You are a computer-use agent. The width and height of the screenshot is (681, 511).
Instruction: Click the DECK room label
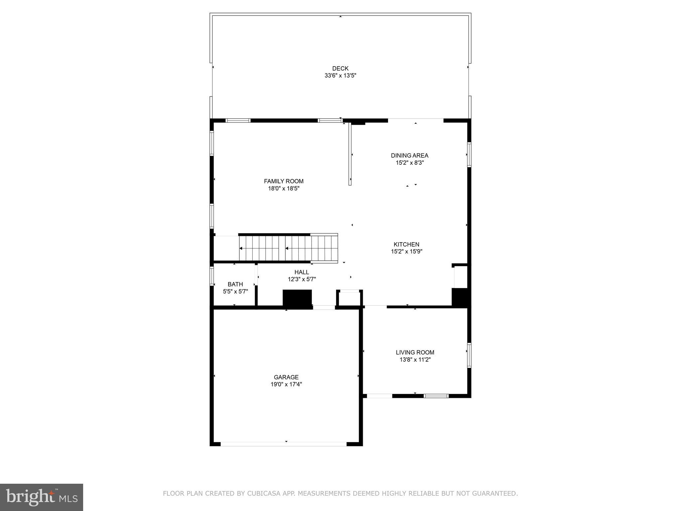(340, 69)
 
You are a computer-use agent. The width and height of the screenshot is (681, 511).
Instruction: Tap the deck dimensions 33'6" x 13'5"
(340, 76)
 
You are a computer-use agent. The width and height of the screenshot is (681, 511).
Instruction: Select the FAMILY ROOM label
(284, 181)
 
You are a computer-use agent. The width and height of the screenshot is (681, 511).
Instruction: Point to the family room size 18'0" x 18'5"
(284, 189)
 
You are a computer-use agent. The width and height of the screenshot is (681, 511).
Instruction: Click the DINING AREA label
(409, 155)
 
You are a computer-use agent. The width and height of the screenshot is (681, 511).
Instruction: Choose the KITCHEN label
(406, 244)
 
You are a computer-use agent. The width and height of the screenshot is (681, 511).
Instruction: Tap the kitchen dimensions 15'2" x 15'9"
(406, 252)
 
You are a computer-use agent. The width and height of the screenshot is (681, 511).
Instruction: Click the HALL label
(302, 272)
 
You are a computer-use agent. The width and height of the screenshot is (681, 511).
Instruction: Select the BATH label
(235, 284)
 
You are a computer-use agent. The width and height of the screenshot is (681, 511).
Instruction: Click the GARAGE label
(286, 377)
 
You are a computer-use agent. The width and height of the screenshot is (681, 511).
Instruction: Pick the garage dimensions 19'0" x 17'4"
(286, 385)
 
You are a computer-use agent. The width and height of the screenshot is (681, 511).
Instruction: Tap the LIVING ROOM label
(415, 352)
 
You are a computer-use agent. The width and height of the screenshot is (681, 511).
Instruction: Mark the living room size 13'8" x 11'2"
(415, 360)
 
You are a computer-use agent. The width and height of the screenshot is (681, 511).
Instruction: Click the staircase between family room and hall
(289, 249)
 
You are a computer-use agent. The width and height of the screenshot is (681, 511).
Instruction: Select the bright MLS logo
(42, 497)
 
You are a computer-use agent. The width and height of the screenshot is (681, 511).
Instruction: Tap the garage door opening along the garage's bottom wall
(284, 444)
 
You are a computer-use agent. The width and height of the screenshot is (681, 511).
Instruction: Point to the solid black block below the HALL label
(297, 297)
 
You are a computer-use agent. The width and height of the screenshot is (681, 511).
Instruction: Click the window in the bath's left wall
(211, 276)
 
